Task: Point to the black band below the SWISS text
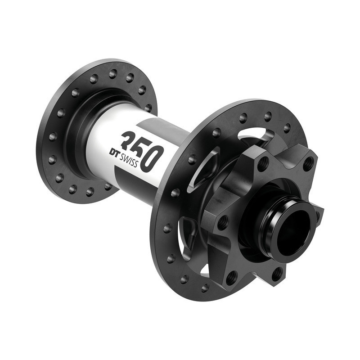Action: (x=135, y=178)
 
